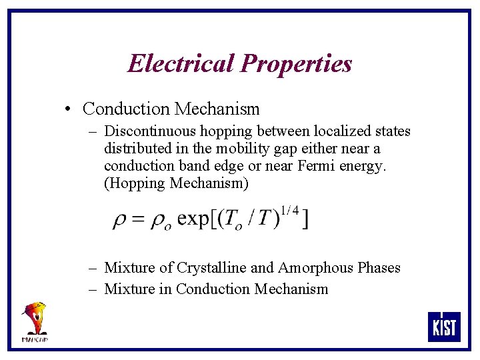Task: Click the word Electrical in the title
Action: [x=181, y=64]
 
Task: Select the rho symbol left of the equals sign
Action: [x=120, y=221]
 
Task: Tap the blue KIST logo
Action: [x=443, y=327]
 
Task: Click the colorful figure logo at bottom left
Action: [x=35, y=321]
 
